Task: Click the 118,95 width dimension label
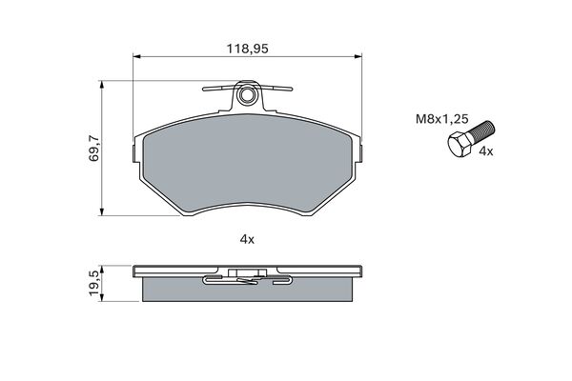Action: (x=248, y=49)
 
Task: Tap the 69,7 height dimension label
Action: (x=93, y=149)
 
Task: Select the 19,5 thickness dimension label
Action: (x=93, y=283)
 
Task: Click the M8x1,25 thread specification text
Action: (x=442, y=119)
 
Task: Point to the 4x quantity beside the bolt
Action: (x=485, y=151)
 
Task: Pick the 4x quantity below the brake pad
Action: (x=247, y=239)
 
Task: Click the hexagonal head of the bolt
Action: (x=460, y=145)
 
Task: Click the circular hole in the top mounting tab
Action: (x=247, y=95)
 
